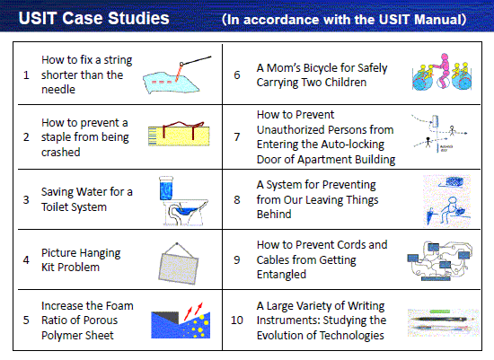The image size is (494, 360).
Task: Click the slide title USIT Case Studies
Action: [94, 18]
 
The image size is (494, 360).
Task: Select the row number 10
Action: [236, 320]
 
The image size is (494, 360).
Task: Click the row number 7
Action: [237, 137]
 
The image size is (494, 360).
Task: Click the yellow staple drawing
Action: [179, 134]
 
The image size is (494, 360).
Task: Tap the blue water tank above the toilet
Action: [166, 188]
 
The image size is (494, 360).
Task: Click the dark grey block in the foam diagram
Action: [165, 317]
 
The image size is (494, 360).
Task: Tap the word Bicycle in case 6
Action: [316, 68]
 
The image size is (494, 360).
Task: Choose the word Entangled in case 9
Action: [281, 275]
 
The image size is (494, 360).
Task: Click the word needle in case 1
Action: [58, 90]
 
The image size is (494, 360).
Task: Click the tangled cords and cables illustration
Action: [440, 260]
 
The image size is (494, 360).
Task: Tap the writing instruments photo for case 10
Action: [444, 322]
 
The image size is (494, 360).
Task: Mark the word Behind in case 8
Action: [274, 215]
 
